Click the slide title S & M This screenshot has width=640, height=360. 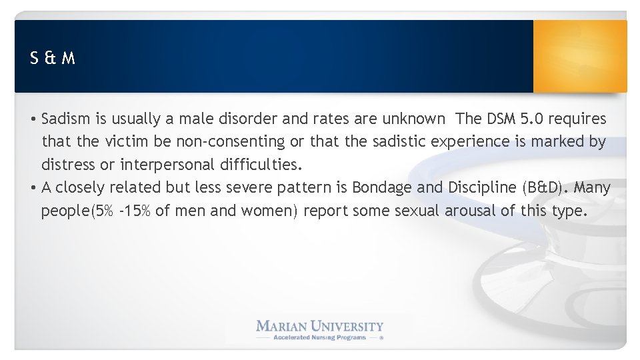[x=53, y=59]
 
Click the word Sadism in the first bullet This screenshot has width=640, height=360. [x=63, y=119]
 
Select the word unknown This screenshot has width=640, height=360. [x=413, y=119]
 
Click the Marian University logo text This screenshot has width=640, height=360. [x=320, y=326]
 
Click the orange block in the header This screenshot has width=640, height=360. [x=580, y=56]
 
